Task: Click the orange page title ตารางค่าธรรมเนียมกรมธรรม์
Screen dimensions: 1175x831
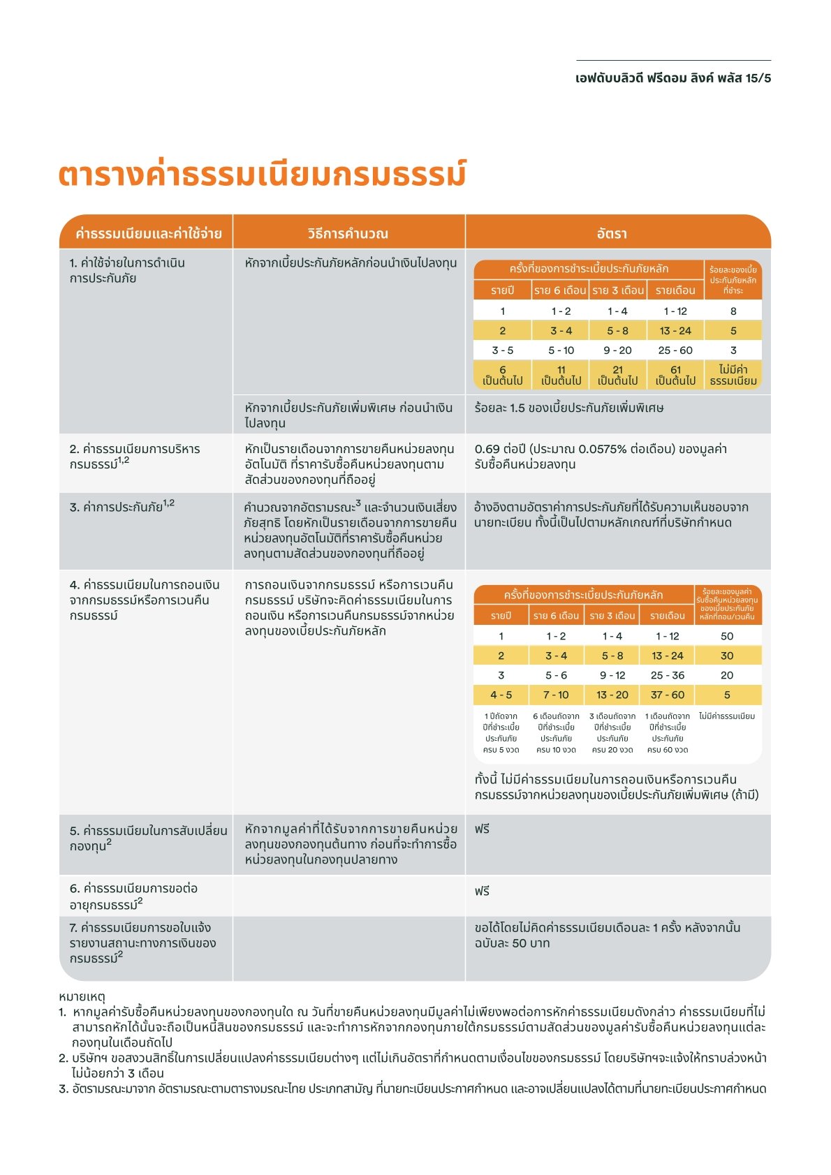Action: point(262,175)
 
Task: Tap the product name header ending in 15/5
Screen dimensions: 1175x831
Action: point(673,78)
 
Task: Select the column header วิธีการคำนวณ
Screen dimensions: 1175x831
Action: point(348,233)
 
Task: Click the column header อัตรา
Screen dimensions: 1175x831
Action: point(612,233)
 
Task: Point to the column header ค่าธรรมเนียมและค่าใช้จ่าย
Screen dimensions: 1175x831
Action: point(149,233)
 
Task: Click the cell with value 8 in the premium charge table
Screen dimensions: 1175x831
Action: point(733,311)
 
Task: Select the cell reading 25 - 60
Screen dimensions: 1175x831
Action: point(675,350)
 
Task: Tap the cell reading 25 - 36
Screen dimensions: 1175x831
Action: point(668,675)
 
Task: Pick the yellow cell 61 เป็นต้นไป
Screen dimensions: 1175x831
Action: point(675,375)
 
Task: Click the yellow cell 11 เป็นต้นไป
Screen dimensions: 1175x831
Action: point(561,375)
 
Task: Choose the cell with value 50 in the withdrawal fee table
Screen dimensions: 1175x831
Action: point(727,636)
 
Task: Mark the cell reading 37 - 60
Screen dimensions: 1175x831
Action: point(668,695)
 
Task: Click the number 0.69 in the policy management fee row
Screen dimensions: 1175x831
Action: point(487,449)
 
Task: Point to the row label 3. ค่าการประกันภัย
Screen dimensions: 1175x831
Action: point(122,507)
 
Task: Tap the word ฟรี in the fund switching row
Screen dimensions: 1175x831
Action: point(482,829)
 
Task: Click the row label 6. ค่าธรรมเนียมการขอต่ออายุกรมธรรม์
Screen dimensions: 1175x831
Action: point(133,896)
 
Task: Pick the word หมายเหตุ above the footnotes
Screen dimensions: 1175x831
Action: point(82,996)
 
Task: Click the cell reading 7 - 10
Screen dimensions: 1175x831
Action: point(556,695)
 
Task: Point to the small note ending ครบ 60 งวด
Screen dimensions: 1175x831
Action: point(668,733)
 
